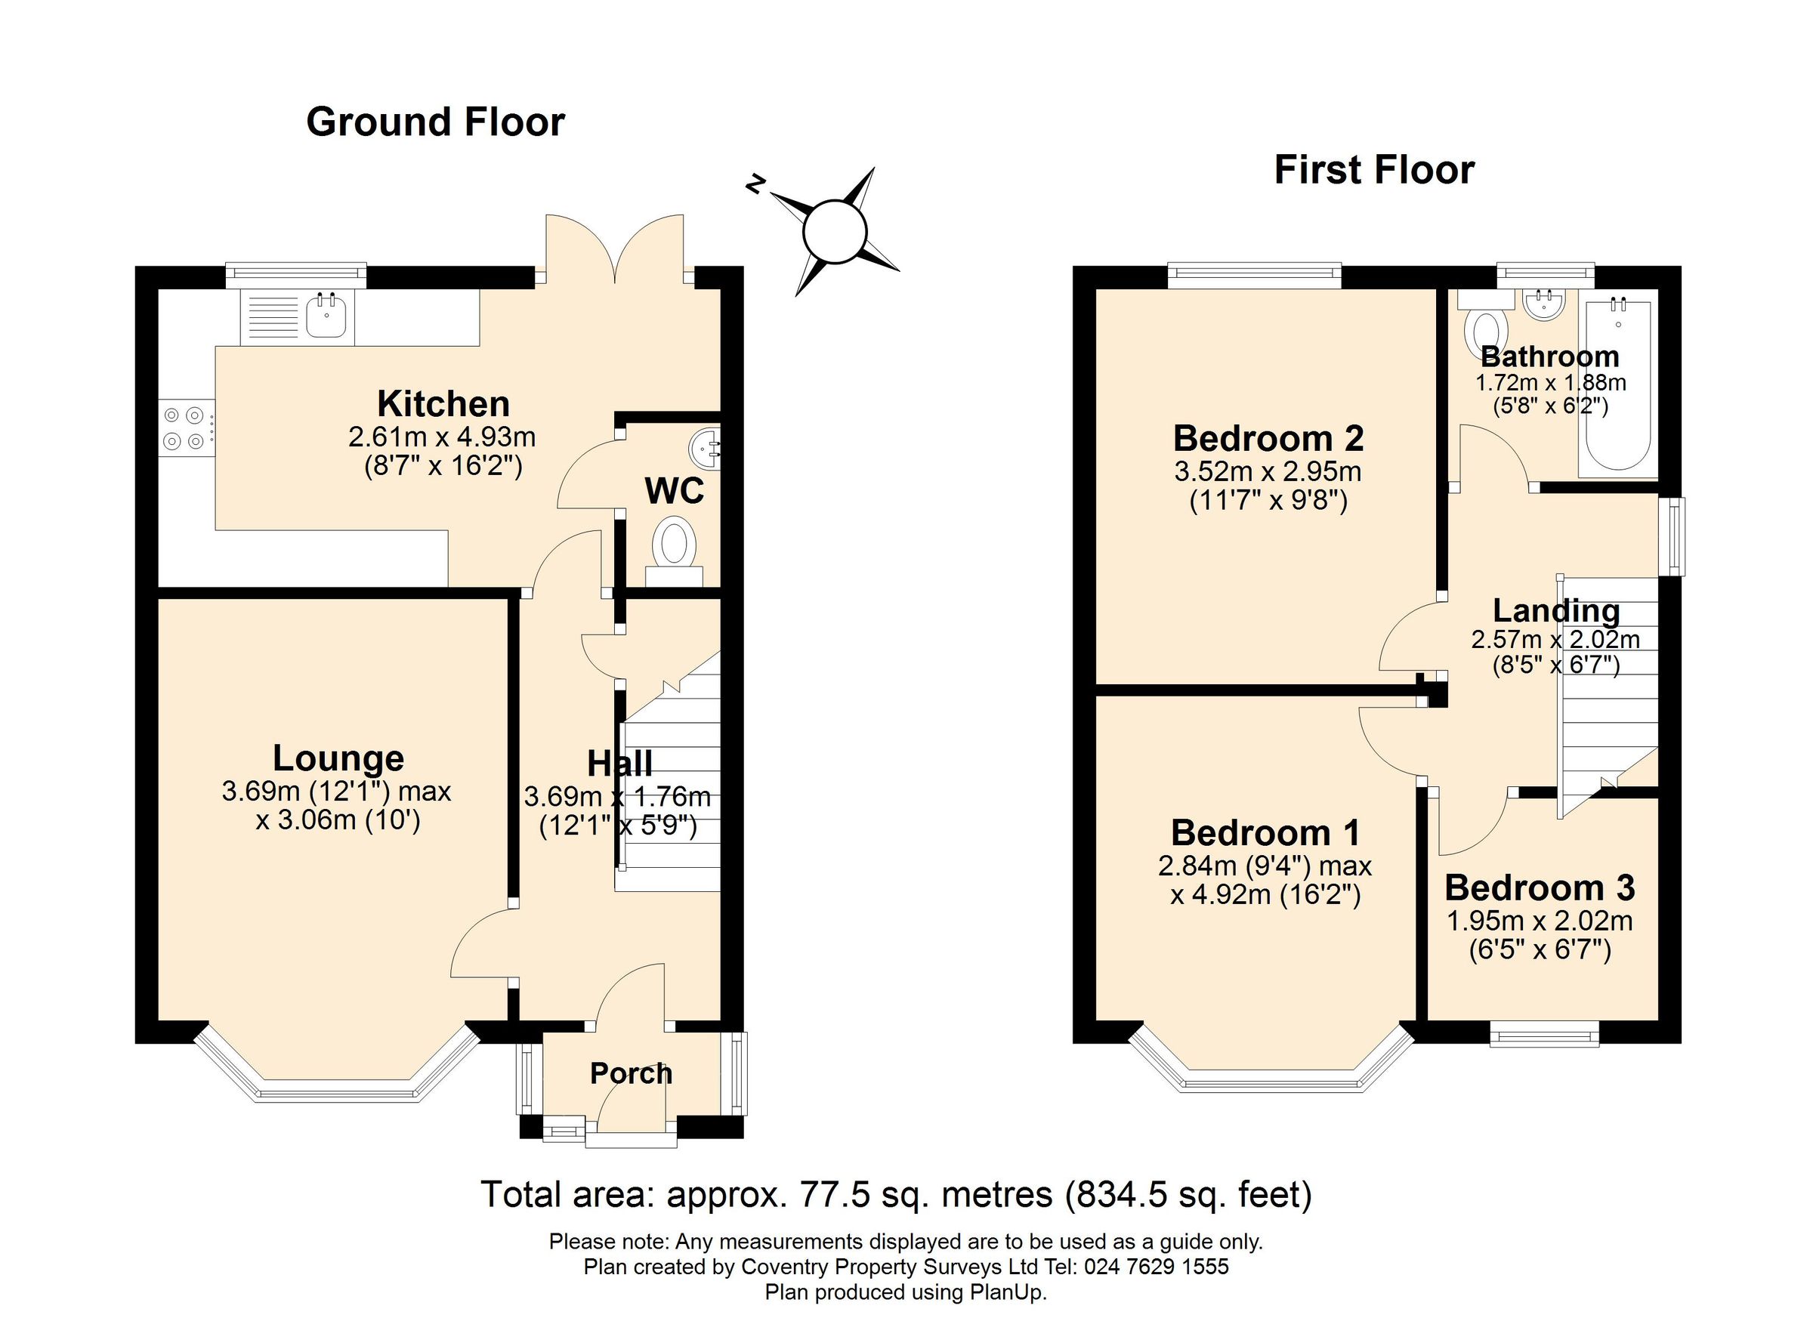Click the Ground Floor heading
pyautogui.click(x=435, y=122)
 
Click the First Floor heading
pyautogui.click(x=1373, y=170)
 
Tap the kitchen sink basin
pyautogui.click(x=326, y=316)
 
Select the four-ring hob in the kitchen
pyautogui.click(x=184, y=428)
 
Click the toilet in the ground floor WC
pyautogui.click(x=673, y=545)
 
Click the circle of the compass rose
pyautogui.click(x=835, y=232)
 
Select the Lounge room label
pyautogui.click(x=338, y=758)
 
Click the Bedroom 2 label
pyautogui.click(x=1268, y=438)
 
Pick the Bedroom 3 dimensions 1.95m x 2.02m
pyautogui.click(x=1540, y=921)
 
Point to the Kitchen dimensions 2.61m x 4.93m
pyautogui.click(x=442, y=437)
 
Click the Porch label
pyautogui.click(x=631, y=1073)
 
